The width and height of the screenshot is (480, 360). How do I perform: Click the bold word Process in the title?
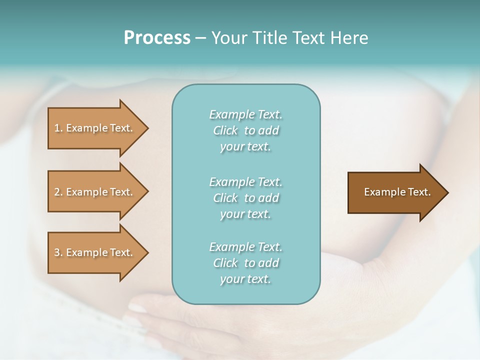coord(157,38)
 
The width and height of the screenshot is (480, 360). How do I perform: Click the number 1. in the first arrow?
coord(58,128)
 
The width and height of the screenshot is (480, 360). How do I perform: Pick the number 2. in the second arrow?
coord(58,192)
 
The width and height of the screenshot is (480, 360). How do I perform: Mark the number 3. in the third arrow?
coord(58,252)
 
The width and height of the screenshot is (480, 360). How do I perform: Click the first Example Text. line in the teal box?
coord(245,114)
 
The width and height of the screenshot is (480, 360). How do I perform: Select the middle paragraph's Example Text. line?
coord(245,182)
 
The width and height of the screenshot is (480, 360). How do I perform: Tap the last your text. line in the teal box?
coord(245,279)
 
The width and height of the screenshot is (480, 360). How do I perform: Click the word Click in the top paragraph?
coord(225,130)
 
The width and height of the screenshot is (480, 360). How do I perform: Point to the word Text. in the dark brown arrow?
coord(418,192)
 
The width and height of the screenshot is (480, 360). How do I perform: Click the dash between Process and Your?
coord(201,38)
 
